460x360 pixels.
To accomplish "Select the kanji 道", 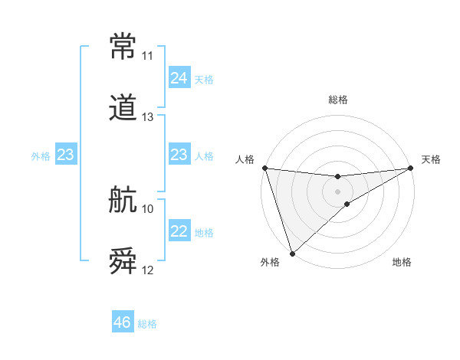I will click(x=123, y=109).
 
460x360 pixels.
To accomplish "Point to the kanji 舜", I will click(x=123, y=261).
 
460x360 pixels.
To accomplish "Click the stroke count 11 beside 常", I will click(x=147, y=56).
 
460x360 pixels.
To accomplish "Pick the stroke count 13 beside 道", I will click(x=147, y=117).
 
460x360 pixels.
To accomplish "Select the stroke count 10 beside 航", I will click(x=147, y=208).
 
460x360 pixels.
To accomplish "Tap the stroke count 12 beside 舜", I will click(x=147, y=270).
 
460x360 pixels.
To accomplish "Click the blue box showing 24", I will click(x=179, y=78).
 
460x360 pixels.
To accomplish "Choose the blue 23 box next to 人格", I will click(x=179, y=155).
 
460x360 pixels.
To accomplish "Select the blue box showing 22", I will click(x=179, y=232).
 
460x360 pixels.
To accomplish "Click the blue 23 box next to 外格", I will click(x=66, y=155).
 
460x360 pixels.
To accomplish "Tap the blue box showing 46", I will click(x=123, y=322).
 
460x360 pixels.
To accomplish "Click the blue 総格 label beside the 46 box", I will click(x=147, y=324).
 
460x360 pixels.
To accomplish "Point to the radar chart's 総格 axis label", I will click(x=338, y=100).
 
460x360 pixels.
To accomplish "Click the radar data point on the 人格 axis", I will click(x=264, y=168).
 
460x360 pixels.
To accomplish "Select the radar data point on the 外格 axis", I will click(x=292, y=253).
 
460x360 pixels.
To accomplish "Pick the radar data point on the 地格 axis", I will click(x=347, y=204).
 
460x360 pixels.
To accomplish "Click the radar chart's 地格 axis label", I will click(x=402, y=262).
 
